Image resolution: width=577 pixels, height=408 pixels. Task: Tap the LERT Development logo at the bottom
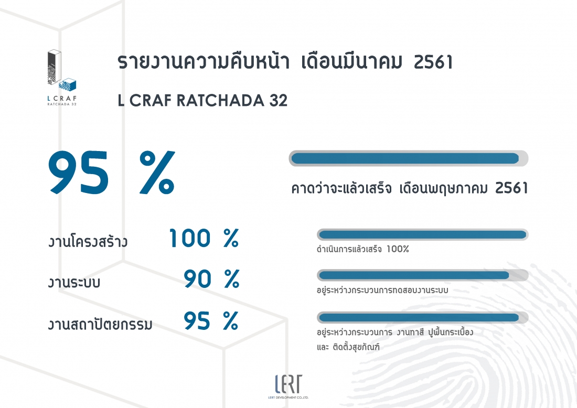(288, 386)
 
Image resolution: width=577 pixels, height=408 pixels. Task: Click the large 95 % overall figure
(112, 173)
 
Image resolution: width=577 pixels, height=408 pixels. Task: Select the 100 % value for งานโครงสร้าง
(204, 238)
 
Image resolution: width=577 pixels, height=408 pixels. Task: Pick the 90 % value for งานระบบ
(211, 279)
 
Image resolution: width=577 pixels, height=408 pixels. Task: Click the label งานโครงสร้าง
(88, 241)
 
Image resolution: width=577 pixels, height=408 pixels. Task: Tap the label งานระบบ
(74, 282)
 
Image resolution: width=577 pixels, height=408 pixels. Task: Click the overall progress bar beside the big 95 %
(409, 158)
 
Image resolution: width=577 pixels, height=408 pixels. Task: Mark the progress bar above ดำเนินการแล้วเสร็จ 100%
(422, 235)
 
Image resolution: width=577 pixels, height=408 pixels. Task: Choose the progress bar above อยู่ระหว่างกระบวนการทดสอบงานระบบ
(422, 275)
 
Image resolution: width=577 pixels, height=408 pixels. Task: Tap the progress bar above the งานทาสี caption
(422, 317)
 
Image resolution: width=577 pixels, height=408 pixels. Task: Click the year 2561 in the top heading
(433, 62)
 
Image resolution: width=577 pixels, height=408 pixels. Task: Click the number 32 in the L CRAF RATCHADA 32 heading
(278, 101)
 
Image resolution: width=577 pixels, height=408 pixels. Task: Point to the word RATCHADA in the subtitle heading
(220, 101)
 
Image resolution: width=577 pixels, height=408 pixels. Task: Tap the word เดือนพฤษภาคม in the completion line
(443, 188)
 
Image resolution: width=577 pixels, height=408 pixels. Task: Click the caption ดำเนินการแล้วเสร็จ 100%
(363, 249)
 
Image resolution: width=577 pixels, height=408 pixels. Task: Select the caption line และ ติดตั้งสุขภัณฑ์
(348, 347)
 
